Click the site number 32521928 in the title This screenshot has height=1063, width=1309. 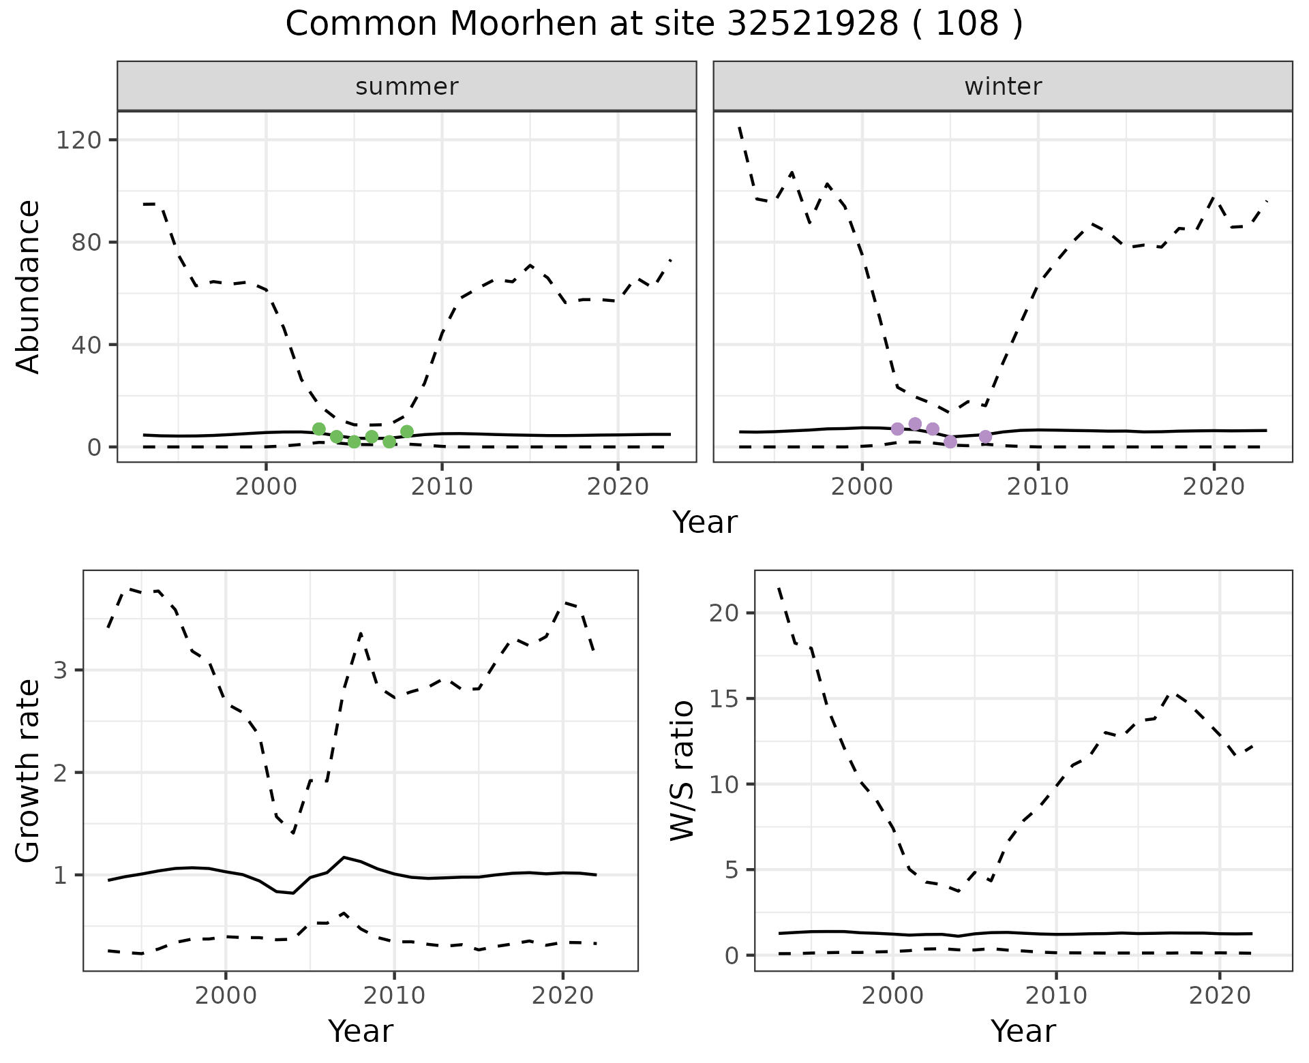813,25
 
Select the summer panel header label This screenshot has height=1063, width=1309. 407,87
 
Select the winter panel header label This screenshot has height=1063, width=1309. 1003,87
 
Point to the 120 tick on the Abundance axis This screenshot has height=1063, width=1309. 78,140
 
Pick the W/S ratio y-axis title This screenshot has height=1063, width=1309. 682,771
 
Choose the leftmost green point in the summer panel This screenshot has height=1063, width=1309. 319,429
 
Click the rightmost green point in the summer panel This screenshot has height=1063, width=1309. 407,431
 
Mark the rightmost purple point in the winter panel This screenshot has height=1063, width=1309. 985,437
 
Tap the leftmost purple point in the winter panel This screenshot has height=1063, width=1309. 897,429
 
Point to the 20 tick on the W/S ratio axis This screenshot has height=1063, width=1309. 723,613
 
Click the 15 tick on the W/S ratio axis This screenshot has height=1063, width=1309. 723,699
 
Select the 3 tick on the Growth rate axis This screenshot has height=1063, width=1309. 61,671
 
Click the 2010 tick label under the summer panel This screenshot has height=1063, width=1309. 442,487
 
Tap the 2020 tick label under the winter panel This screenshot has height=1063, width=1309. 1214,487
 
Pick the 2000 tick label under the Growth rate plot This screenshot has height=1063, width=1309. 226,996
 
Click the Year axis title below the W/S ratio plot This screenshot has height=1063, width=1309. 1023,1031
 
